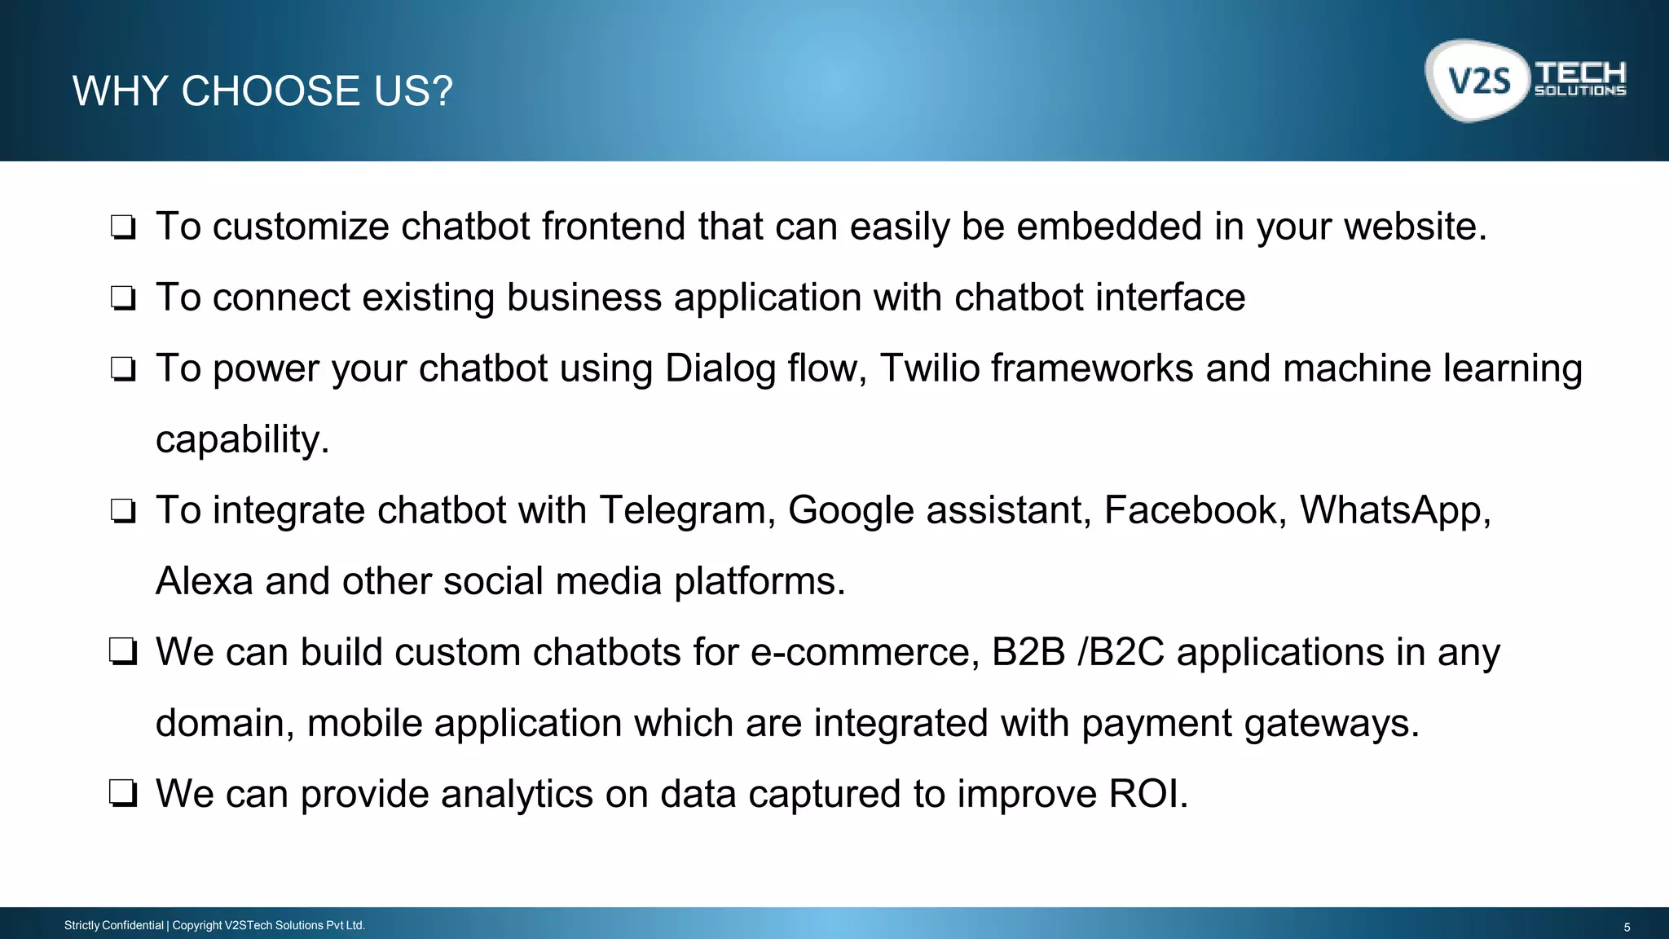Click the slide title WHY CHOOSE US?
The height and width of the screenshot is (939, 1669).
[x=262, y=90]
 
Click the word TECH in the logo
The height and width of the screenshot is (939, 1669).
[x=1580, y=73]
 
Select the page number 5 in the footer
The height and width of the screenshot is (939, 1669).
[x=1627, y=927]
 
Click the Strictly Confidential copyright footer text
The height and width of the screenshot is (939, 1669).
[x=214, y=925]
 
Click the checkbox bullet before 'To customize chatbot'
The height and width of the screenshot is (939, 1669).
[x=123, y=227]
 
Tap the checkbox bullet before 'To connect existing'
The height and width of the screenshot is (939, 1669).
[x=123, y=298]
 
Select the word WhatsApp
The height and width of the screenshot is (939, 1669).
[x=1394, y=511]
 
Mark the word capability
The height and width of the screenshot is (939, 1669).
[x=242, y=440]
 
